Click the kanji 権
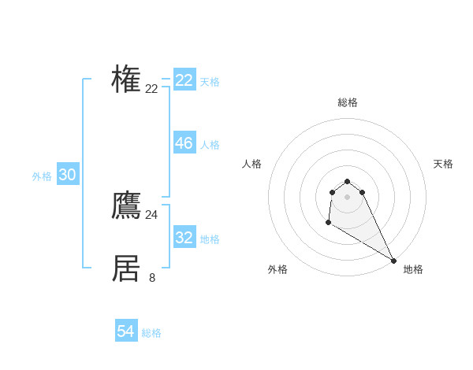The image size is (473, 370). [126, 80]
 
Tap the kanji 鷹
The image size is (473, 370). [126, 205]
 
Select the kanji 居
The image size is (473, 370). [126, 268]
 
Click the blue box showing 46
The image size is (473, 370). [184, 143]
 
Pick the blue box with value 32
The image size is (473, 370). [184, 238]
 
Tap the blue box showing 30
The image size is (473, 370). [68, 176]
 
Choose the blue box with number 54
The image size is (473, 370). [126, 331]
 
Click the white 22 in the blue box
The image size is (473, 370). [184, 80]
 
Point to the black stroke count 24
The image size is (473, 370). [152, 214]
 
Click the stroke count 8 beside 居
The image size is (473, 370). [152, 277]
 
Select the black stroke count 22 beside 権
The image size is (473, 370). [152, 88]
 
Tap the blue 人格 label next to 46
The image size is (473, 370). [210, 145]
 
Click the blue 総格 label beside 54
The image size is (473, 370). [151, 333]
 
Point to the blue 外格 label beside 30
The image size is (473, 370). [42, 177]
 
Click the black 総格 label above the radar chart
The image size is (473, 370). [348, 102]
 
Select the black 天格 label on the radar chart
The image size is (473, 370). [444, 164]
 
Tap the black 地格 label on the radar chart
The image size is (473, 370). [413, 269]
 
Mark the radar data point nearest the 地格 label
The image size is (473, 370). [393, 261]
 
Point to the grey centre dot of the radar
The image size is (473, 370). [347, 197]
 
